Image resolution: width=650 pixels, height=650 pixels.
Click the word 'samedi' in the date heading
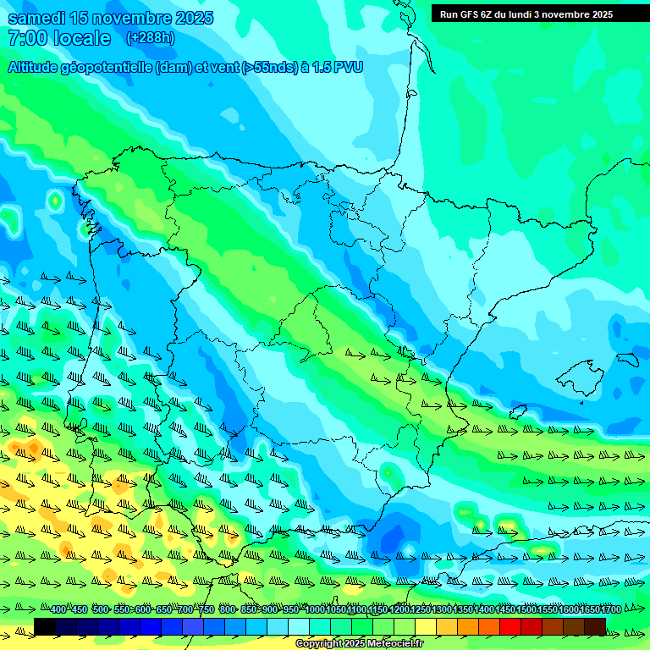36,18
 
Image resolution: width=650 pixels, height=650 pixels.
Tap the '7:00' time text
26,38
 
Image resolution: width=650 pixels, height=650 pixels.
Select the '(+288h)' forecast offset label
151,38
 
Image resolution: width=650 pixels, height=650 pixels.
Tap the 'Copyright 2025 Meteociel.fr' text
359,644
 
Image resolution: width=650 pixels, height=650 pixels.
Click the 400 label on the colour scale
58,609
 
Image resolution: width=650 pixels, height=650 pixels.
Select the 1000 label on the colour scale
314,609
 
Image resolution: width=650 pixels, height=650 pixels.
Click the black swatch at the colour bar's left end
45,626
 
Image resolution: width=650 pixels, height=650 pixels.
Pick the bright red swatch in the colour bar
510,626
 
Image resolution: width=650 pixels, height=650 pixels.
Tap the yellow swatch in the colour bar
426,626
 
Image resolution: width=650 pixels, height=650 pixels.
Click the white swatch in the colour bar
299,626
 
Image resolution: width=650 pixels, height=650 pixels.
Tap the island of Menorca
627,360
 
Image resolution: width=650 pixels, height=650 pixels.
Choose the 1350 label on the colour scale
462,609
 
